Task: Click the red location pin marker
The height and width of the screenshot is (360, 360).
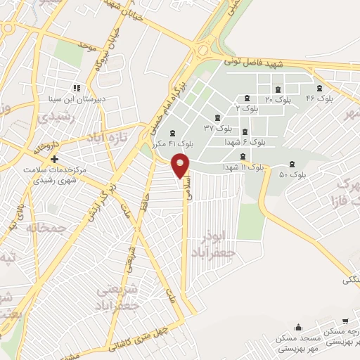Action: point(181,166)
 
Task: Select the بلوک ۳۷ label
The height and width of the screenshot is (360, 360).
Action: point(218,127)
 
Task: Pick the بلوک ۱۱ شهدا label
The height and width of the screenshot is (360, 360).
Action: point(243,167)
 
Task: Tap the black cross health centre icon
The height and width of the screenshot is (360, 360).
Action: point(53,159)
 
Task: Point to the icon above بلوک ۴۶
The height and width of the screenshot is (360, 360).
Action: point(321,88)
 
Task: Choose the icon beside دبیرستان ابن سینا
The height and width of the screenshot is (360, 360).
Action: point(76,89)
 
